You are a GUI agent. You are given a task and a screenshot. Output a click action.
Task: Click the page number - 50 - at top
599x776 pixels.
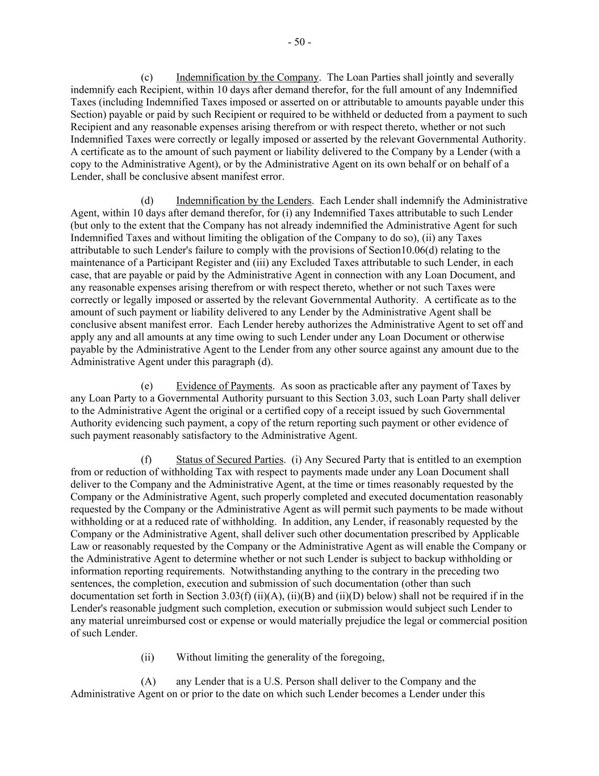click(x=299, y=42)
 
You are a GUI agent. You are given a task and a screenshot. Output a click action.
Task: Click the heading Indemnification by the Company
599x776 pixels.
click(x=247, y=77)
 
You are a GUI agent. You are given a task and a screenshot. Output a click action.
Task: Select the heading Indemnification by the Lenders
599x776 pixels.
click(x=244, y=201)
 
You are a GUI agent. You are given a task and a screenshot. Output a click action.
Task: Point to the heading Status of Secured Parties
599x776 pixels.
click(x=229, y=460)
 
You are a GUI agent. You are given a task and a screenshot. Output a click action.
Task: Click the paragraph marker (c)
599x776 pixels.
click(x=146, y=77)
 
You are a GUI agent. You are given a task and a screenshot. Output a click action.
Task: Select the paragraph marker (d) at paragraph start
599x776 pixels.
click(x=146, y=201)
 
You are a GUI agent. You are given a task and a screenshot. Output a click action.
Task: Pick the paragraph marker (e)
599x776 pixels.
click(x=146, y=386)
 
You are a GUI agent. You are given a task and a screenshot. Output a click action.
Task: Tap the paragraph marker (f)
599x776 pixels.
click(x=146, y=460)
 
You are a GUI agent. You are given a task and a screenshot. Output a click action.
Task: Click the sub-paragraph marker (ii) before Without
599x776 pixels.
click(x=147, y=658)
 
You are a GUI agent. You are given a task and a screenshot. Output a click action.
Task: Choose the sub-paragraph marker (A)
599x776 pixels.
click(x=148, y=682)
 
